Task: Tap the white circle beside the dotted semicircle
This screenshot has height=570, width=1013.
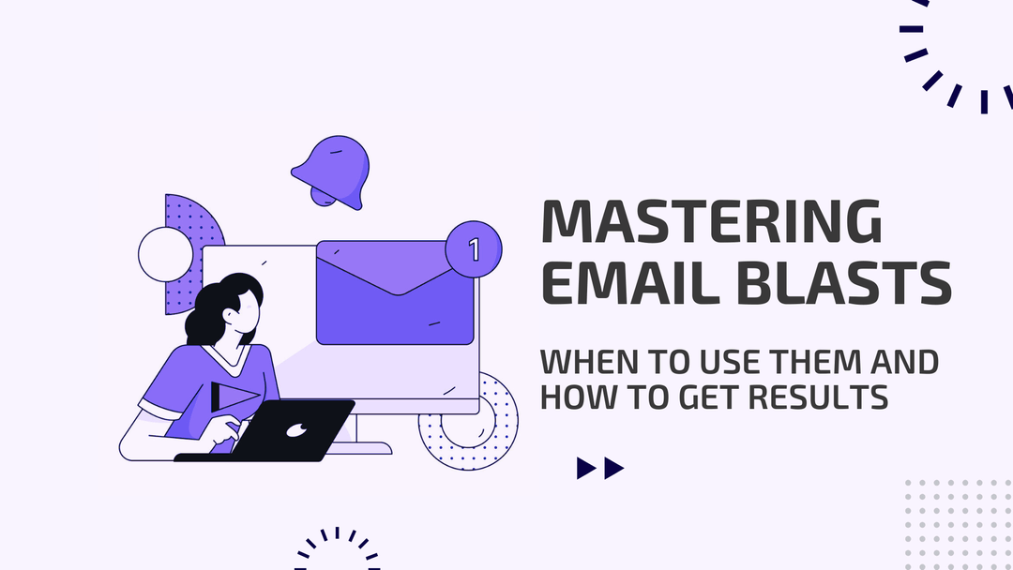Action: coord(165,254)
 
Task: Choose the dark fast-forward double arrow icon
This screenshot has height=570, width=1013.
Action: coord(600,468)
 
